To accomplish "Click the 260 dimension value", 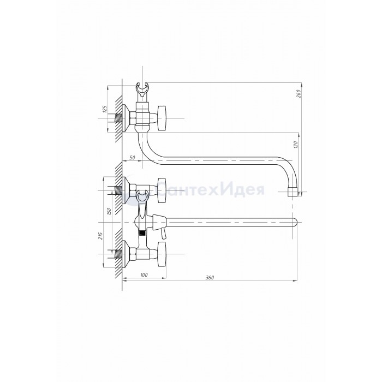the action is click(x=299, y=93).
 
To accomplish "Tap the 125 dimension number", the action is click(x=105, y=109).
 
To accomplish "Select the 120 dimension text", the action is click(x=296, y=145).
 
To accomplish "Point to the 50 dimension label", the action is click(x=132, y=158).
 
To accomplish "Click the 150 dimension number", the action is click(x=109, y=211).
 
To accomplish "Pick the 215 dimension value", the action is click(x=101, y=236).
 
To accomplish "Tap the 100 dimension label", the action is click(x=144, y=275).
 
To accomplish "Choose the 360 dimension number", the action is click(x=210, y=277).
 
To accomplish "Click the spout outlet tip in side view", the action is click(x=293, y=192).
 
